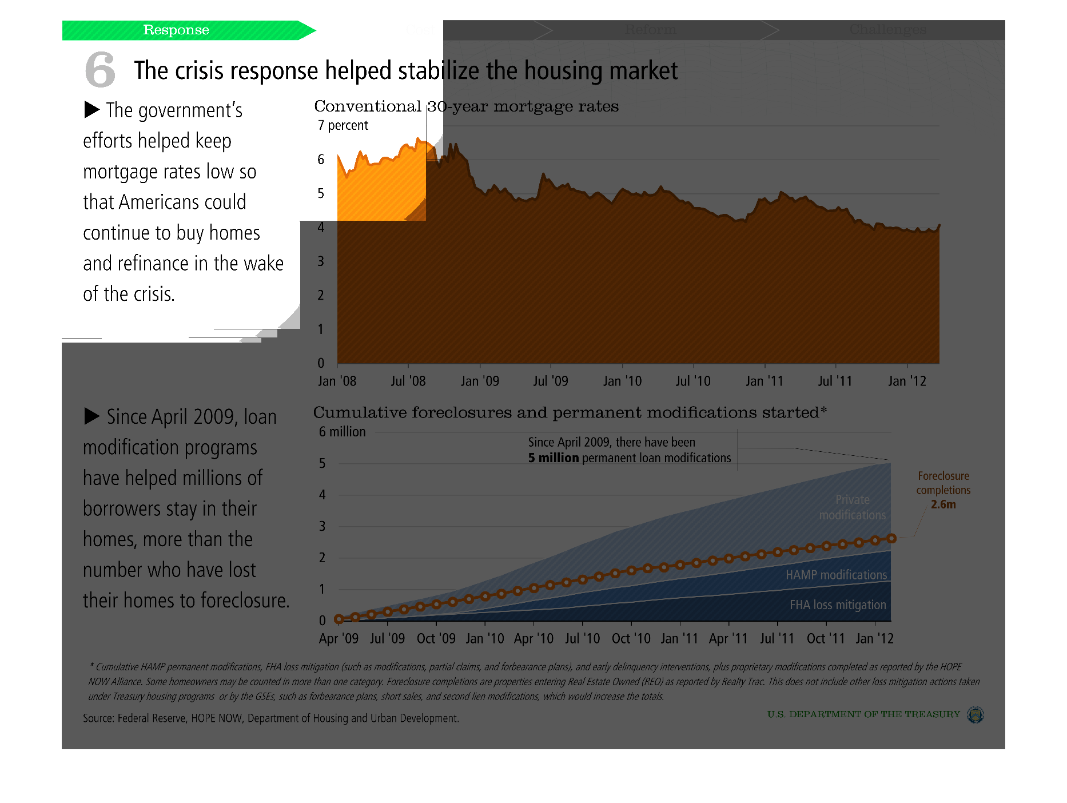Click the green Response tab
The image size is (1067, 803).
tap(176, 30)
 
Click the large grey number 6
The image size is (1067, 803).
tap(100, 69)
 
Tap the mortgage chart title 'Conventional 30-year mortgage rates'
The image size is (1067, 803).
tap(466, 106)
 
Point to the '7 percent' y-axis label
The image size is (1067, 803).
tap(343, 125)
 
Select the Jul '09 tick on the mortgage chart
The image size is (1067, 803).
tap(551, 381)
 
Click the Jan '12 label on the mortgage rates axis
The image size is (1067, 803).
tap(907, 381)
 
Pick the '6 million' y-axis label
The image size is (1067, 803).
tap(342, 432)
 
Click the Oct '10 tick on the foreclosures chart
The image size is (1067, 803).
tap(631, 638)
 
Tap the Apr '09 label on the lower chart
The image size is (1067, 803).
tap(339, 638)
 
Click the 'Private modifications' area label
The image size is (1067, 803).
tap(852, 507)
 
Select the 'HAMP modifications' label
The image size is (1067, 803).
tap(836, 575)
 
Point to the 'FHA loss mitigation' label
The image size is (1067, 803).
tap(838, 605)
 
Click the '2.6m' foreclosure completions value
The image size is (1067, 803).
tap(943, 504)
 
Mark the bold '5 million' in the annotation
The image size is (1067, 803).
tap(553, 458)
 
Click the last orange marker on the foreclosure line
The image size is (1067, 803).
tap(891, 538)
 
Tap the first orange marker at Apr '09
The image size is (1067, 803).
tap(339, 619)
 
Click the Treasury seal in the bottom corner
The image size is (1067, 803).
tap(975, 714)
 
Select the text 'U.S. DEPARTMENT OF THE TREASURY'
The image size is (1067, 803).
tap(863, 714)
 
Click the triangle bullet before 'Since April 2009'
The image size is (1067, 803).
tap(91, 416)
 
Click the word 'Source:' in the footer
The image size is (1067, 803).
tap(98, 718)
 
